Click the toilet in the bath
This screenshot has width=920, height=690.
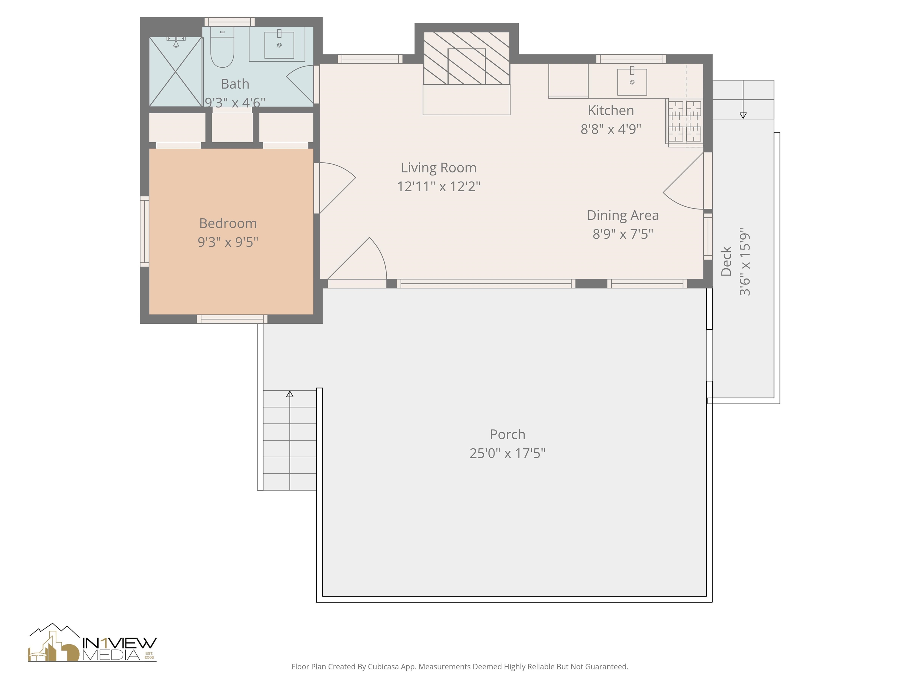pos(222,47)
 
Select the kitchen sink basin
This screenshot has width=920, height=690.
pos(632,82)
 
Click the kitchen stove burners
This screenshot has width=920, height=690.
pos(685,122)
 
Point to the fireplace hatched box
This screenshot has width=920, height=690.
pos(467,58)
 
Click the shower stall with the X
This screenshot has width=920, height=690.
pos(175,72)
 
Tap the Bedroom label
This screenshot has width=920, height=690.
pos(228,223)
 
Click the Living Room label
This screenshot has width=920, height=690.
pos(438,168)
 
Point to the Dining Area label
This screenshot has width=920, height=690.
pos(623,215)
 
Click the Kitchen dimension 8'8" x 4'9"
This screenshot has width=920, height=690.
pos(611,129)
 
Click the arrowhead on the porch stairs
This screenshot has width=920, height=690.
pos(290,394)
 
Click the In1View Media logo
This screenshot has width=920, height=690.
pos(92,643)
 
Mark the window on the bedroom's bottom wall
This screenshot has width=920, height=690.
pos(232,319)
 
